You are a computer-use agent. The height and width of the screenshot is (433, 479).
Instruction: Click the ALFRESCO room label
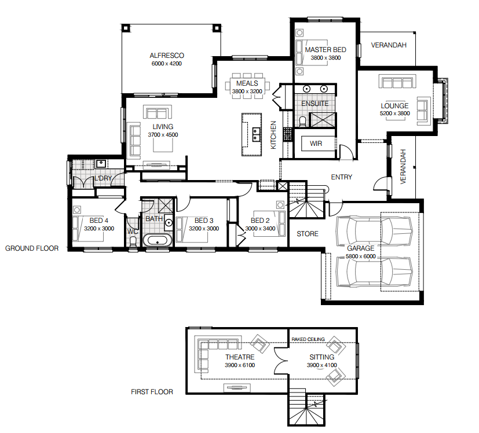click(x=167, y=56)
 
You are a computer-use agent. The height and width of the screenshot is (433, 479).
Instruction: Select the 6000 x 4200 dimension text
click(x=167, y=64)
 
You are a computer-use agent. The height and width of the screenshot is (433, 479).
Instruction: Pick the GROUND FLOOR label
click(x=32, y=248)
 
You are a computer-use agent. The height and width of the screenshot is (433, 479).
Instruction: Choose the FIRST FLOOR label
click(x=152, y=392)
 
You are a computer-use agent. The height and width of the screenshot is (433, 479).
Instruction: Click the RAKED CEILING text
click(x=308, y=339)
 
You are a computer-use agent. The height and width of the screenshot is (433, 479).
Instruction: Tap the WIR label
click(x=316, y=144)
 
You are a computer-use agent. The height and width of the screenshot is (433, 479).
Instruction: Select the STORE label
click(x=308, y=234)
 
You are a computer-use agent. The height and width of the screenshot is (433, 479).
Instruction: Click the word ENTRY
click(x=341, y=177)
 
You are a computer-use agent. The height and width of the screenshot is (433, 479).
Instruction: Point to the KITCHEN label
click(x=274, y=135)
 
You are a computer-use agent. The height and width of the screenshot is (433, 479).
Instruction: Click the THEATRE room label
click(x=240, y=357)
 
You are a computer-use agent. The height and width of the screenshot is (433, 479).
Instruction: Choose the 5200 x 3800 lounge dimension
click(x=394, y=113)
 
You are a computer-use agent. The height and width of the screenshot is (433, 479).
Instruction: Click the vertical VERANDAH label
click(x=403, y=167)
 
